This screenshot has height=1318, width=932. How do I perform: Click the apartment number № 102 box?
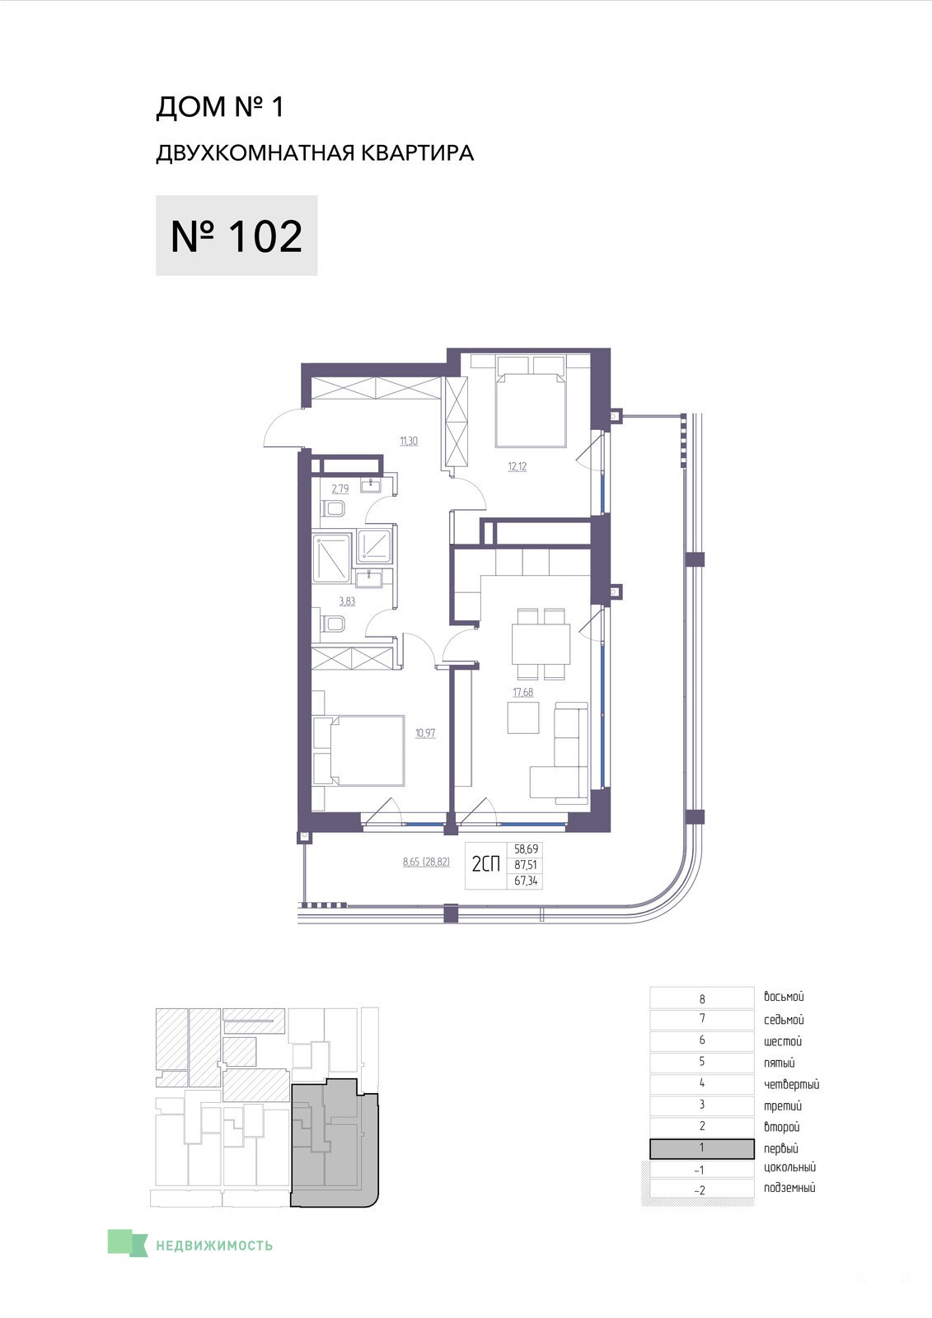[237, 236]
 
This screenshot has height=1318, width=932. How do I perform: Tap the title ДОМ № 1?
[220, 108]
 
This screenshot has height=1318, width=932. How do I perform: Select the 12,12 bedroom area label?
[518, 466]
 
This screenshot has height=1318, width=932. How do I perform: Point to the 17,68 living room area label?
[522, 692]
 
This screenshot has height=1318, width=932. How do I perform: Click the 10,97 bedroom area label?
[426, 733]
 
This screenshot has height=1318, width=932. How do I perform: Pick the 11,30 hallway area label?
[409, 441]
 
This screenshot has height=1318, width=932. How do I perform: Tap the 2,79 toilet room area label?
[340, 488]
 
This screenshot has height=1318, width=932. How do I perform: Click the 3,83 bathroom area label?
[348, 601]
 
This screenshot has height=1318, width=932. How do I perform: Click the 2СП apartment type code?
[485, 864]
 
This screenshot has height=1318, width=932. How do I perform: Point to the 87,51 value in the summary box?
[526, 866]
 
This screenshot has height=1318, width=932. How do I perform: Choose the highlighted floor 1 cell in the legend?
[702, 1148]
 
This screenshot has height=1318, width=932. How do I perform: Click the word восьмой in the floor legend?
[784, 997]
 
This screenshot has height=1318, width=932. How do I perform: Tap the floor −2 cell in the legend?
[702, 1189]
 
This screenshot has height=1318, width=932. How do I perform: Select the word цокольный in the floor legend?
[789, 1167]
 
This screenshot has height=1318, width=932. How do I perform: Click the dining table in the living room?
[541, 643]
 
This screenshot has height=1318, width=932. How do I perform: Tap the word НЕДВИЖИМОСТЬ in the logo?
[214, 1245]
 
